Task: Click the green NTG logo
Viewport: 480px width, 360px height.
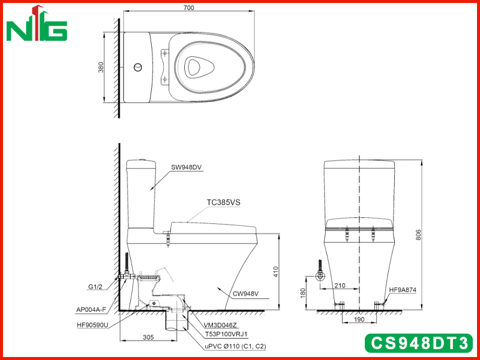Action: click(37, 23)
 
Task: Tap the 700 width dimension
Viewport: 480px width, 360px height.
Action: click(188, 8)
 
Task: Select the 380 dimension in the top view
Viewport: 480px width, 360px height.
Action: click(101, 67)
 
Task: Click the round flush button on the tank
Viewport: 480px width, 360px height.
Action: click(138, 67)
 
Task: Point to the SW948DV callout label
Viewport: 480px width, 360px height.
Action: click(187, 167)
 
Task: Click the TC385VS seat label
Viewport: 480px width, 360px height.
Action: click(223, 202)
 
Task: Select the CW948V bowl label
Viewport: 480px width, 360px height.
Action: click(245, 294)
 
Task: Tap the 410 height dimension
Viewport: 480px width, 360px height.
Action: click(276, 272)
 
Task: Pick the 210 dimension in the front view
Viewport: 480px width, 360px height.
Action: click(340, 286)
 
